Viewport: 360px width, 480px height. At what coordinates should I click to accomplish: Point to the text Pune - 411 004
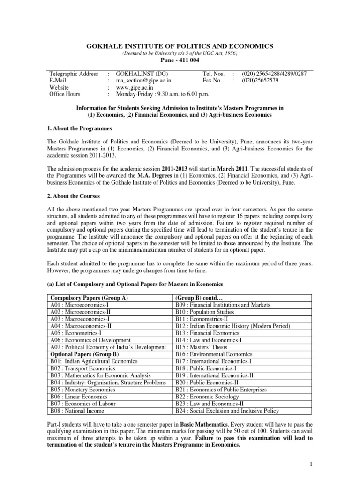tap(180, 61)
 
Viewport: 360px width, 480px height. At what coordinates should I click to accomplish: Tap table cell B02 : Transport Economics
tap(83, 368)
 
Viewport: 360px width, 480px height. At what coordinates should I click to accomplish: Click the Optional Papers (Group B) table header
tap(80, 354)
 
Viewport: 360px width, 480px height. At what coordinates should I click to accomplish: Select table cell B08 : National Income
tap(78, 411)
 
